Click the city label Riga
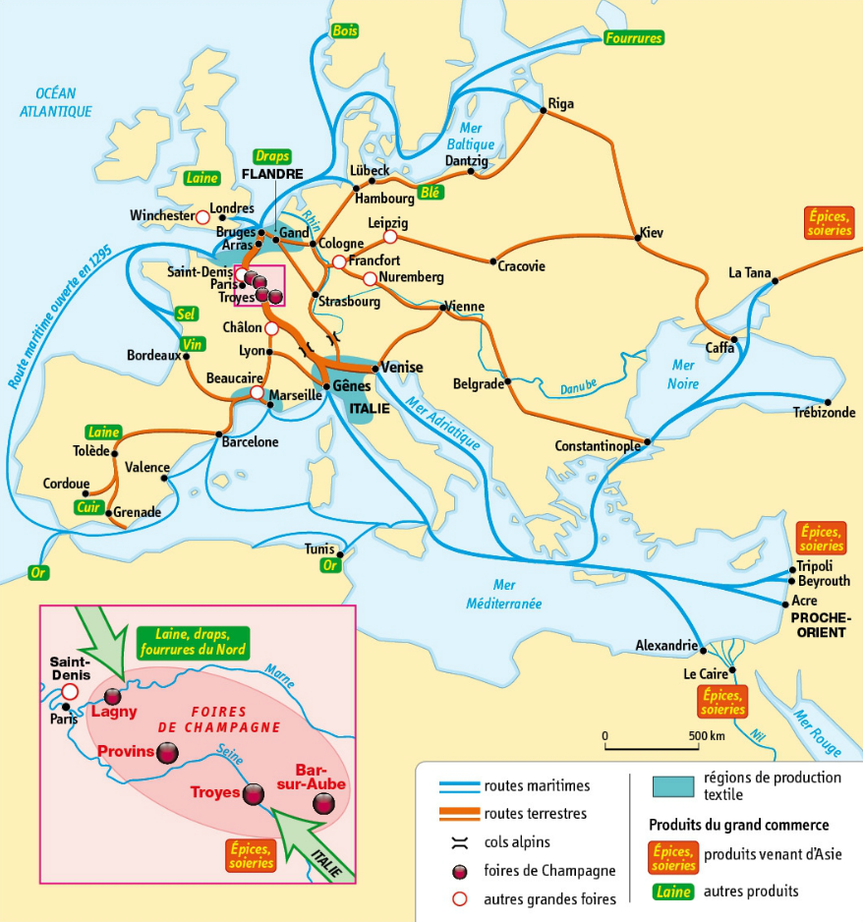[560, 104]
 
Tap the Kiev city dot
[634, 236]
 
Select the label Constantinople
[598, 445]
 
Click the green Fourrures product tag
[634, 38]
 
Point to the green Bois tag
[345, 30]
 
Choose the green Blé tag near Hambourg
[430, 193]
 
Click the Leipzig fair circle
[390, 237]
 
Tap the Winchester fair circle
[202, 216]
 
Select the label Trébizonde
[823, 413]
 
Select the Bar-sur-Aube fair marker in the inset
[321, 804]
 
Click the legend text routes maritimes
[537, 785]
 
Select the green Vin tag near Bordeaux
[193, 346]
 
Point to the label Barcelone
[252, 442]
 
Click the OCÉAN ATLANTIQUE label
[56, 102]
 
